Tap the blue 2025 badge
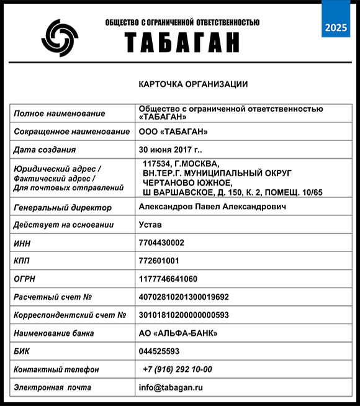pyautogui.click(x=336, y=27)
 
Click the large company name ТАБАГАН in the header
pyautogui.click(x=182, y=42)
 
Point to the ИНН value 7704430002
pyautogui.click(x=161, y=243)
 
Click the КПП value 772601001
pyautogui.click(x=159, y=261)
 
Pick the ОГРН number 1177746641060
pyautogui.click(x=168, y=279)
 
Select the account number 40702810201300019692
pyautogui.click(x=184, y=297)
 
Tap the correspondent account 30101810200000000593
pyautogui.click(x=184, y=315)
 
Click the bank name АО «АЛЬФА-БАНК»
pyautogui.click(x=178, y=333)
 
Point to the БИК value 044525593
pyautogui.click(x=159, y=351)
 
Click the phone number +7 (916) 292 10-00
pyautogui.click(x=177, y=369)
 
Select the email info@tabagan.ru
pyautogui.click(x=171, y=387)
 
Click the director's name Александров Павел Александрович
pyautogui.click(x=213, y=207)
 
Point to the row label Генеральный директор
pyautogui.click(x=63, y=208)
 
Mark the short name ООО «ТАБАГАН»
pyautogui.click(x=173, y=132)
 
